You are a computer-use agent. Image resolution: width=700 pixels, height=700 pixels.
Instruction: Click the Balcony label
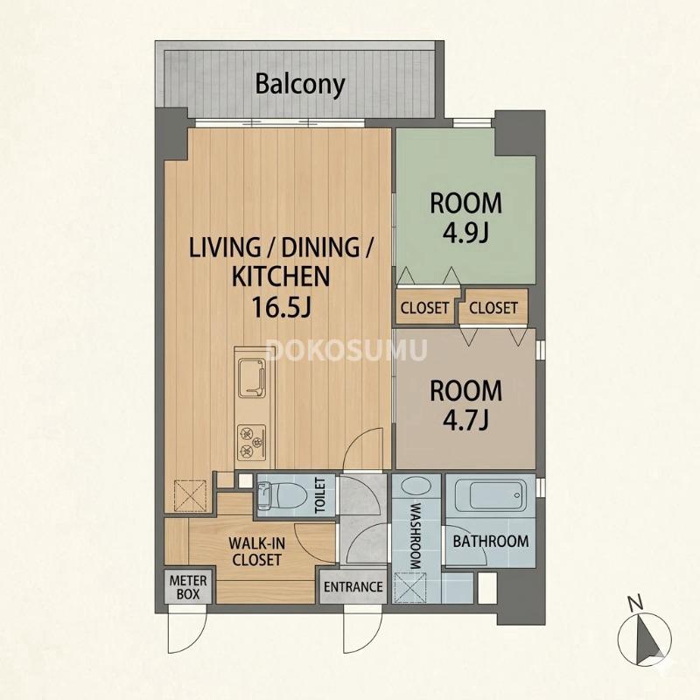(300, 84)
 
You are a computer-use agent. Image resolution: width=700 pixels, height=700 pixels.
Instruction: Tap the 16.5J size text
(281, 306)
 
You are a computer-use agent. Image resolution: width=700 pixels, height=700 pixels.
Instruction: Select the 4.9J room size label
(465, 233)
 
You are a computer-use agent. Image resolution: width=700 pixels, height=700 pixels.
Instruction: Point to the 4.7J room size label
(465, 420)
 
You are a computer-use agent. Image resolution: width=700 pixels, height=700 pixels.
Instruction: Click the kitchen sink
(252, 378)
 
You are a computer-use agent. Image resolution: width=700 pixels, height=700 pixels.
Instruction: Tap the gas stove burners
(251, 443)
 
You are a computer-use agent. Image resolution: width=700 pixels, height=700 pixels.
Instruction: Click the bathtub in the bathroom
(491, 495)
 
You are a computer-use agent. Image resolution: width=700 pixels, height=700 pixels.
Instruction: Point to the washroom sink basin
(416, 486)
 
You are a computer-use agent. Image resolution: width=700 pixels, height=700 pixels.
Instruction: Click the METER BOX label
(188, 587)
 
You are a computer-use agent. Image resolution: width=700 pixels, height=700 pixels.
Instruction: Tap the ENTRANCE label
(353, 587)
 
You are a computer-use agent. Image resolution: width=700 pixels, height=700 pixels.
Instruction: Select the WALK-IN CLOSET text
(256, 552)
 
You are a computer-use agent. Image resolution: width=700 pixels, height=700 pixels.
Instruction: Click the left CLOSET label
(424, 308)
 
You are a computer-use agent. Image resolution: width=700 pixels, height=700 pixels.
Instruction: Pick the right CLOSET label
(493, 308)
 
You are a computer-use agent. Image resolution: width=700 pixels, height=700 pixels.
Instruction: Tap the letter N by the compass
(635, 603)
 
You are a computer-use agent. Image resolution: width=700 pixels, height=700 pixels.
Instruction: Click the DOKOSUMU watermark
(346, 350)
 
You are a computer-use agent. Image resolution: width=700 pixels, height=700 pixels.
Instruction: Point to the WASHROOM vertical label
(416, 536)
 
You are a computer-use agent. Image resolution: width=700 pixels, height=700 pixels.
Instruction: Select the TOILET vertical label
(320, 495)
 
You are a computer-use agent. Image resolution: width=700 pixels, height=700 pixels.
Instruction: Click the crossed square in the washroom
(410, 588)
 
